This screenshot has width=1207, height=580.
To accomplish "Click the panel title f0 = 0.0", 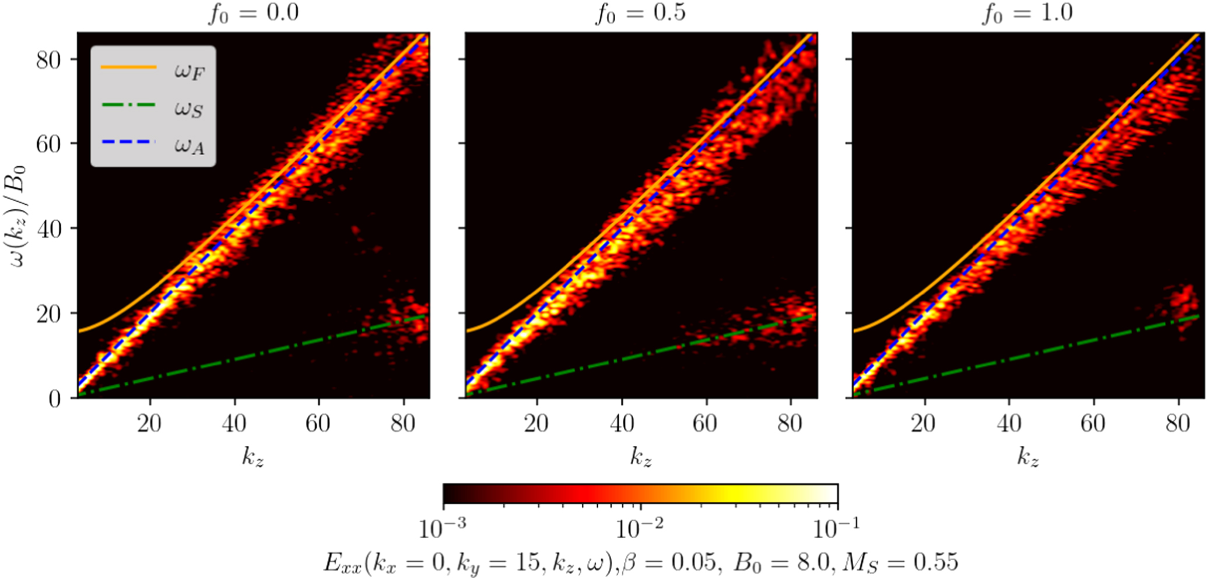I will click(x=254, y=13).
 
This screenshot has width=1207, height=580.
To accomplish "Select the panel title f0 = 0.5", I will click(x=641, y=13).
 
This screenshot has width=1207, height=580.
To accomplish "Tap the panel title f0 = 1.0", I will click(x=1028, y=13).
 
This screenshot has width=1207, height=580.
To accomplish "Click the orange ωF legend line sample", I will click(x=129, y=68).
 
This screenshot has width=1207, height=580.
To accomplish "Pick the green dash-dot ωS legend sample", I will click(x=129, y=106).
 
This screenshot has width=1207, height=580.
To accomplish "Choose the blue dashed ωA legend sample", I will click(x=129, y=142).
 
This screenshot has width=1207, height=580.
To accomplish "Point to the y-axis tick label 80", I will click(x=49, y=59).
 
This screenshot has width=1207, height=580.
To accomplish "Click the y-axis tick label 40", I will click(x=49, y=229).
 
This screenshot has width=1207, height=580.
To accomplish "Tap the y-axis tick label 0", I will click(x=55, y=399).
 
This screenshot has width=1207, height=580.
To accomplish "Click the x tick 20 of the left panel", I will click(x=149, y=423).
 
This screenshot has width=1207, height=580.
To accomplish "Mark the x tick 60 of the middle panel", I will click(x=706, y=423).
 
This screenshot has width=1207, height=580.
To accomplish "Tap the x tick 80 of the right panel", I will click(x=1178, y=423).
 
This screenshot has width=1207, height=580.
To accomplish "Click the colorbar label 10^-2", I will click(x=640, y=528).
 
